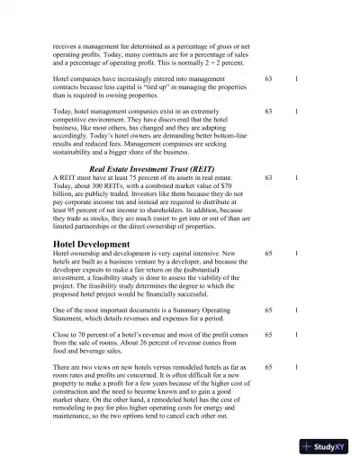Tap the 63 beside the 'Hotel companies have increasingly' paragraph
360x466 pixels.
(x=268, y=79)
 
